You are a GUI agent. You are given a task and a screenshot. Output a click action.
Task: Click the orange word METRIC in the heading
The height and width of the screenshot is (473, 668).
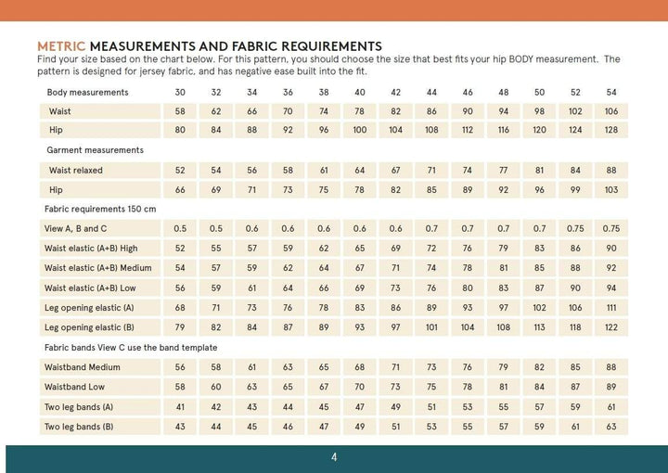coord(61,45)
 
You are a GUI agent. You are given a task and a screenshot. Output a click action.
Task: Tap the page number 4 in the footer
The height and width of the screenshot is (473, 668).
coord(334,457)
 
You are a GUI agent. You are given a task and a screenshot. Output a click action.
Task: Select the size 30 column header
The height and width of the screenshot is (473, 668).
coord(180,93)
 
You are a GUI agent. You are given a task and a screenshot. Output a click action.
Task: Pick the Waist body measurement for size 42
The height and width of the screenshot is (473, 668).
coord(395,111)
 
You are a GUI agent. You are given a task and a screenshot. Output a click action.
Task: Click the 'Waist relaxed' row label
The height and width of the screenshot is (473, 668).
coord(76,171)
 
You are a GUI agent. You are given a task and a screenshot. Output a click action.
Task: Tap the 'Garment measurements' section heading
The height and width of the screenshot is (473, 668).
coord(95,150)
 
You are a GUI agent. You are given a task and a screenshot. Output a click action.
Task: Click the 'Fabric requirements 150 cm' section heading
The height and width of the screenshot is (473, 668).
coord(101,210)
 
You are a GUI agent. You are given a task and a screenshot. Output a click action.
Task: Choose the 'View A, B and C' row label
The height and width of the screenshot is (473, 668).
coord(75,229)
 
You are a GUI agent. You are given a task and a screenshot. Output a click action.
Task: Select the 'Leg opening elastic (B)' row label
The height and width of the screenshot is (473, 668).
coord(89,327)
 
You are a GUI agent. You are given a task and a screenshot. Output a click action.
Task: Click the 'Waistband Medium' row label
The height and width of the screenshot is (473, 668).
coord(84,367)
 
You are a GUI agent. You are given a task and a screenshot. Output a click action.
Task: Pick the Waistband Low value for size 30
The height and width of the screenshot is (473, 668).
coord(180,387)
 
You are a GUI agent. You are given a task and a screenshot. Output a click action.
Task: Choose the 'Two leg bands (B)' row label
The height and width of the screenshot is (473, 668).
coord(79,427)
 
